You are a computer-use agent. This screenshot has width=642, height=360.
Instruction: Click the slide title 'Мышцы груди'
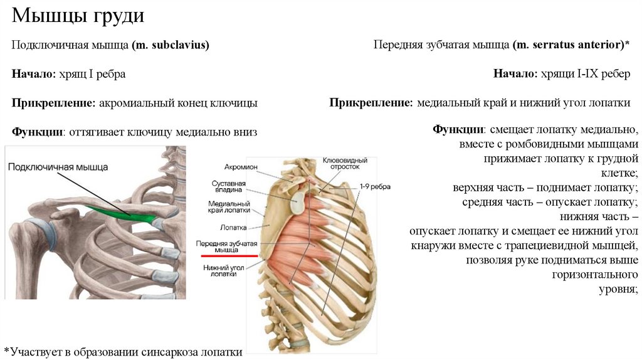[78, 16]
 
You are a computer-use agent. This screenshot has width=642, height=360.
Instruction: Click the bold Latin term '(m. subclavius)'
[171, 45]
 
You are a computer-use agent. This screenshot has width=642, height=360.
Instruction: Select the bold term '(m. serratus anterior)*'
[571, 45]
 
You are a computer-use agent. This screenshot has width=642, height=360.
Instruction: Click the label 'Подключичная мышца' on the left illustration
[58, 167]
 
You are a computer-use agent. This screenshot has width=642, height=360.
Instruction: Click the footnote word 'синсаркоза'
[172, 352]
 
